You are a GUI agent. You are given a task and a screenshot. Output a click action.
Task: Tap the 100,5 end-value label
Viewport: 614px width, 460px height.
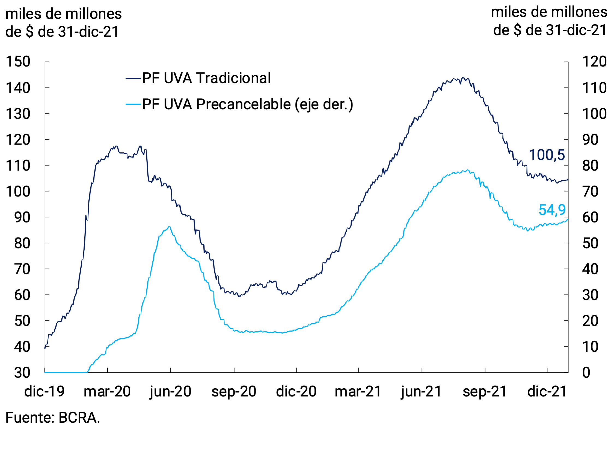[x=546, y=155]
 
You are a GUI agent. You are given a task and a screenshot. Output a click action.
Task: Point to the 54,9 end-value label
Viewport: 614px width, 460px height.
[x=552, y=210]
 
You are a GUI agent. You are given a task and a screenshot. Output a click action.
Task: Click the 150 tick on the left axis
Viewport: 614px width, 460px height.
[x=18, y=62]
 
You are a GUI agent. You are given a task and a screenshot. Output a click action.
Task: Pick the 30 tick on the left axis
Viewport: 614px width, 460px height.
[x=22, y=373]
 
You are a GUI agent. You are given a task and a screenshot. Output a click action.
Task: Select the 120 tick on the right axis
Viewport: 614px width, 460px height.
[x=594, y=62]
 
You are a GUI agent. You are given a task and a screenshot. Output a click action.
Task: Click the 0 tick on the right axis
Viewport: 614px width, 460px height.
[x=586, y=373]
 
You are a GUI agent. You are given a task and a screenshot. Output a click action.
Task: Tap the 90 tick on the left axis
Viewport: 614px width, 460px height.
[x=22, y=217]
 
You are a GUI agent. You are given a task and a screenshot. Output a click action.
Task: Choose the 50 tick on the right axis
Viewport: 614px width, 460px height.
[x=590, y=243]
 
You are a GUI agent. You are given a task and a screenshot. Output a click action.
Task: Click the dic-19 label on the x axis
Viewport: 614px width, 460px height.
[x=45, y=392]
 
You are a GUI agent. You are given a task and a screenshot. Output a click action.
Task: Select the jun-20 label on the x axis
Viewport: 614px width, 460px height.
[x=170, y=392]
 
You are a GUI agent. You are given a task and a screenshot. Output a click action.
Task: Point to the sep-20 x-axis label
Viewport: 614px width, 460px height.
[x=234, y=392]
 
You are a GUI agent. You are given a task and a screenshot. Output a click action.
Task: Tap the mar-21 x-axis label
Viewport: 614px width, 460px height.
[x=358, y=392]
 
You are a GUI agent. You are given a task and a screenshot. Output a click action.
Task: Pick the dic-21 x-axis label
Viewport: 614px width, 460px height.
[x=547, y=392]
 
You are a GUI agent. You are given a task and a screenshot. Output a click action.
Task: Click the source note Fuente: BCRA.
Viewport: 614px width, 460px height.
[x=53, y=417]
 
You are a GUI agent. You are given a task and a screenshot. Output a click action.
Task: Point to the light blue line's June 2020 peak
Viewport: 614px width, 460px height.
[x=169, y=227]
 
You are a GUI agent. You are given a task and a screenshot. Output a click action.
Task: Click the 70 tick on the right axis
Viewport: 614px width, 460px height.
[x=590, y=191]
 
